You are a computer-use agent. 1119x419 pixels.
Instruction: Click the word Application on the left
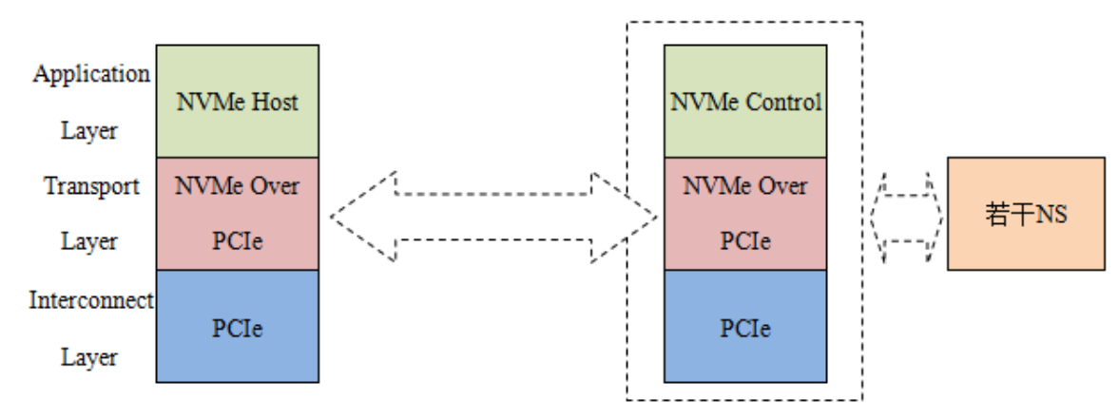91,74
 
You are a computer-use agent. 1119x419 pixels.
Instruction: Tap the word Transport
91,186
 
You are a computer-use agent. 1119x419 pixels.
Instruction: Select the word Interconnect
91,301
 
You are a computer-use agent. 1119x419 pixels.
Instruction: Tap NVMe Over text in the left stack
237,185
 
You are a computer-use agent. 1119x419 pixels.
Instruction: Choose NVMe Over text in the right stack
744,185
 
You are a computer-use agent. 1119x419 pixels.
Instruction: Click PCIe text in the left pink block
237,241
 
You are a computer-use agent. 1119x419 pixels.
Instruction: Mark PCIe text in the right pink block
744,241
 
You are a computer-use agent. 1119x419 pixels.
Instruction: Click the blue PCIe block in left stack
237,327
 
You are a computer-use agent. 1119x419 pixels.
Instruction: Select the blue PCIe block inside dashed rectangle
744,327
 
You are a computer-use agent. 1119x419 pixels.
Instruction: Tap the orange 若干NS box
1026,214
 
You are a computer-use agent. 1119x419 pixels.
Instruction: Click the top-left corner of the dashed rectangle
627,22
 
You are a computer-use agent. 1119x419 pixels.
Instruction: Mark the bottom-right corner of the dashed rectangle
862,399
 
